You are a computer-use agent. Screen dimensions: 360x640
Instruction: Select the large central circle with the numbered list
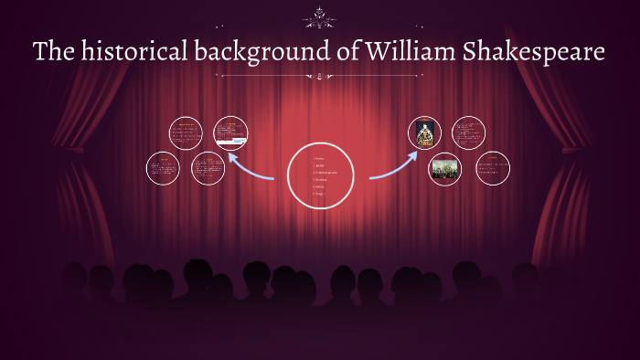[320, 175]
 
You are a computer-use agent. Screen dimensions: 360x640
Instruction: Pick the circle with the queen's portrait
[424, 133]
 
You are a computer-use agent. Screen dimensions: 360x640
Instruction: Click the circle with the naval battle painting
[445, 169]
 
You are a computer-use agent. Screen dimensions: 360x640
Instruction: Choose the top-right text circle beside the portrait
[468, 133]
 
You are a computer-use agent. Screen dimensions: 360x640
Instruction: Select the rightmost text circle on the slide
[493, 168]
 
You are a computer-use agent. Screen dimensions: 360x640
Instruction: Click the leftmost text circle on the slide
[163, 168]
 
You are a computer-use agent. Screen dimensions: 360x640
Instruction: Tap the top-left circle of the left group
[186, 133]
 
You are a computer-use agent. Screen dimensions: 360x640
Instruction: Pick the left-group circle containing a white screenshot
[230, 133]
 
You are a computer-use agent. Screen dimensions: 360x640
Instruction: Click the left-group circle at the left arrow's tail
[208, 168]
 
